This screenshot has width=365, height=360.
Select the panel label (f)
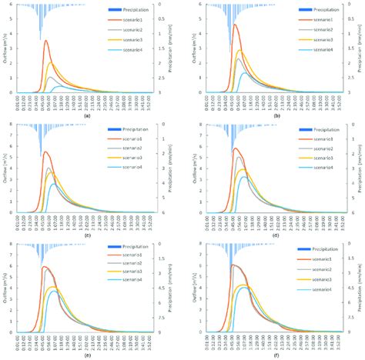point(273,354)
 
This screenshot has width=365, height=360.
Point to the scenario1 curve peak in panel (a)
point(46,41)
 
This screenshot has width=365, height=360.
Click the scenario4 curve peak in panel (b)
point(246,73)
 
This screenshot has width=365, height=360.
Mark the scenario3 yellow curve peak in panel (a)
point(51,63)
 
